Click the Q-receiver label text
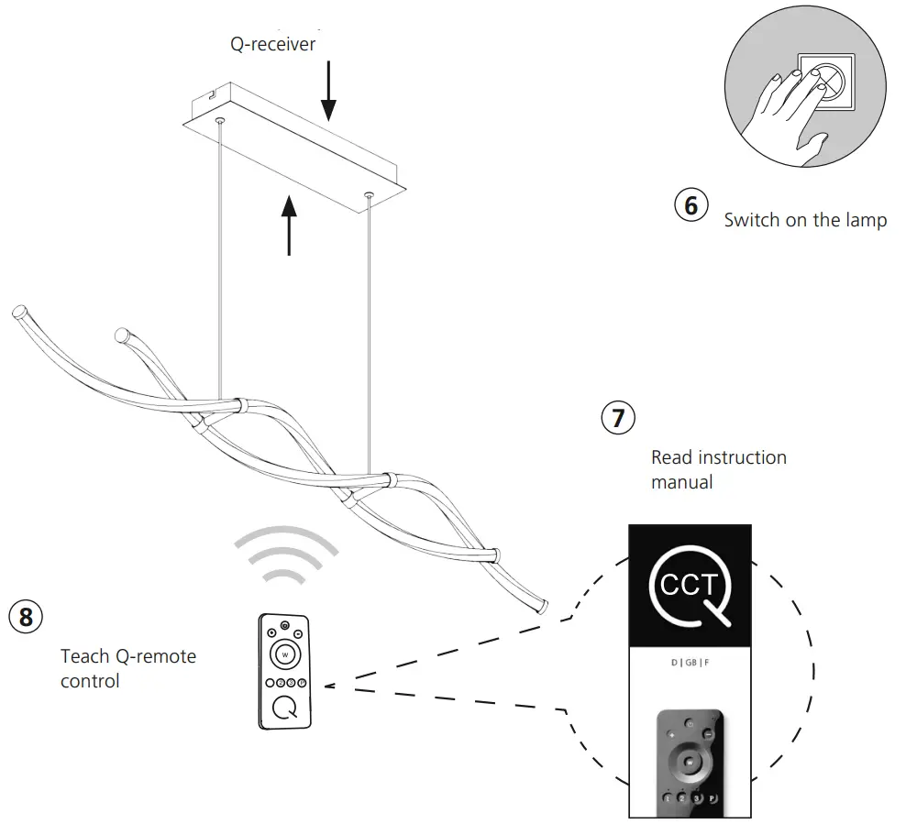[272, 43]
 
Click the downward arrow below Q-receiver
[328, 96]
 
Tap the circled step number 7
[617, 419]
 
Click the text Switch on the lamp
[804, 221]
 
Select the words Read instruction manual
[718, 468]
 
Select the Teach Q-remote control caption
[127, 668]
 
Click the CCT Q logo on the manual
[690, 586]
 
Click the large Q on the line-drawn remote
[285, 709]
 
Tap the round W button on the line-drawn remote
[285, 654]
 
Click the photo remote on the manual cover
[689, 762]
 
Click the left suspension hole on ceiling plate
[218, 119]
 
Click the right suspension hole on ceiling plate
[369, 193]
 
